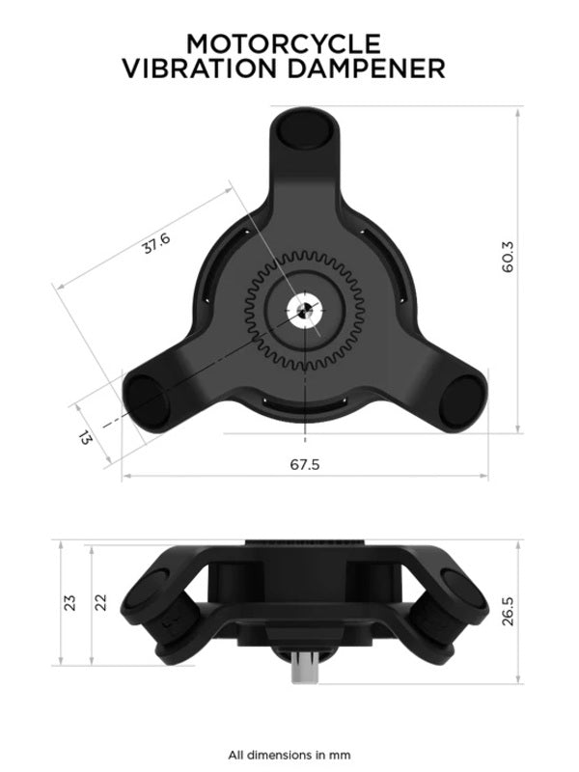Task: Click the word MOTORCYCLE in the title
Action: (x=284, y=43)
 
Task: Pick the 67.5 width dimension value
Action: (x=304, y=464)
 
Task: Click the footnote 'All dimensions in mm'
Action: (x=289, y=754)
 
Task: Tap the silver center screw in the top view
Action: (x=304, y=311)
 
